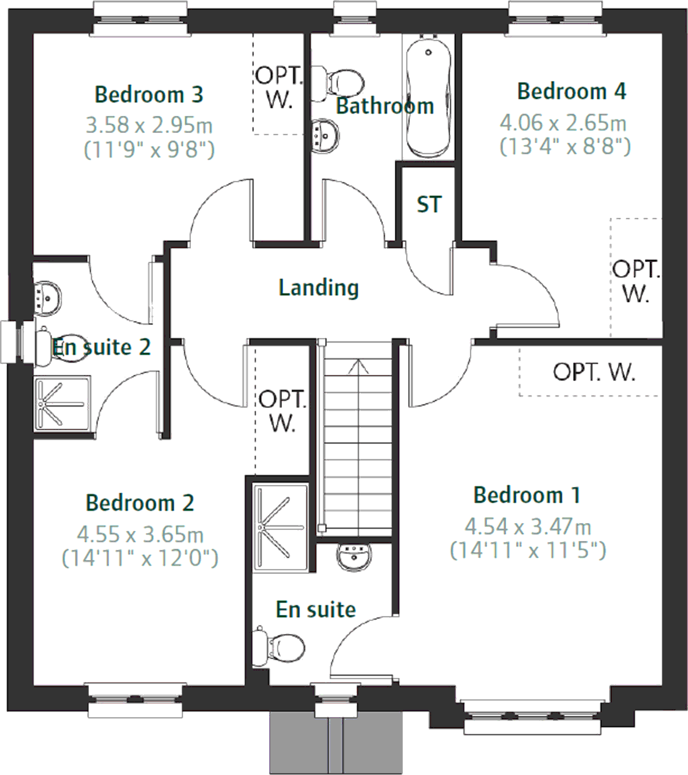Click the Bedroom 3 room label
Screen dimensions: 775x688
(149, 95)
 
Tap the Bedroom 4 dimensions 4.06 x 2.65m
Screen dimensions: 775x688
(563, 123)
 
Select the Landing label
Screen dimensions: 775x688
(319, 288)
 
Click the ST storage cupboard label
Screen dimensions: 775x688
(429, 205)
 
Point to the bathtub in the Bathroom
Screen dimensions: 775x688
(428, 97)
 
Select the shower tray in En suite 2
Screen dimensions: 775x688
(61, 403)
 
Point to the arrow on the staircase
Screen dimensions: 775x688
(358, 367)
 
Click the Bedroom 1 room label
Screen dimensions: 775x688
(527, 495)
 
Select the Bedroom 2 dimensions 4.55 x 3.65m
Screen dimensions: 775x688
(140, 534)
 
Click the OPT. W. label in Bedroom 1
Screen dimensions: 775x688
(594, 372)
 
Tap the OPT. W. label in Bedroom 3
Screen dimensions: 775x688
(279, 87)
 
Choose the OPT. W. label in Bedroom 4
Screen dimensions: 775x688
(636, 281)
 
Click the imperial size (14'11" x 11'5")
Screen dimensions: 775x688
(528, 550)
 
